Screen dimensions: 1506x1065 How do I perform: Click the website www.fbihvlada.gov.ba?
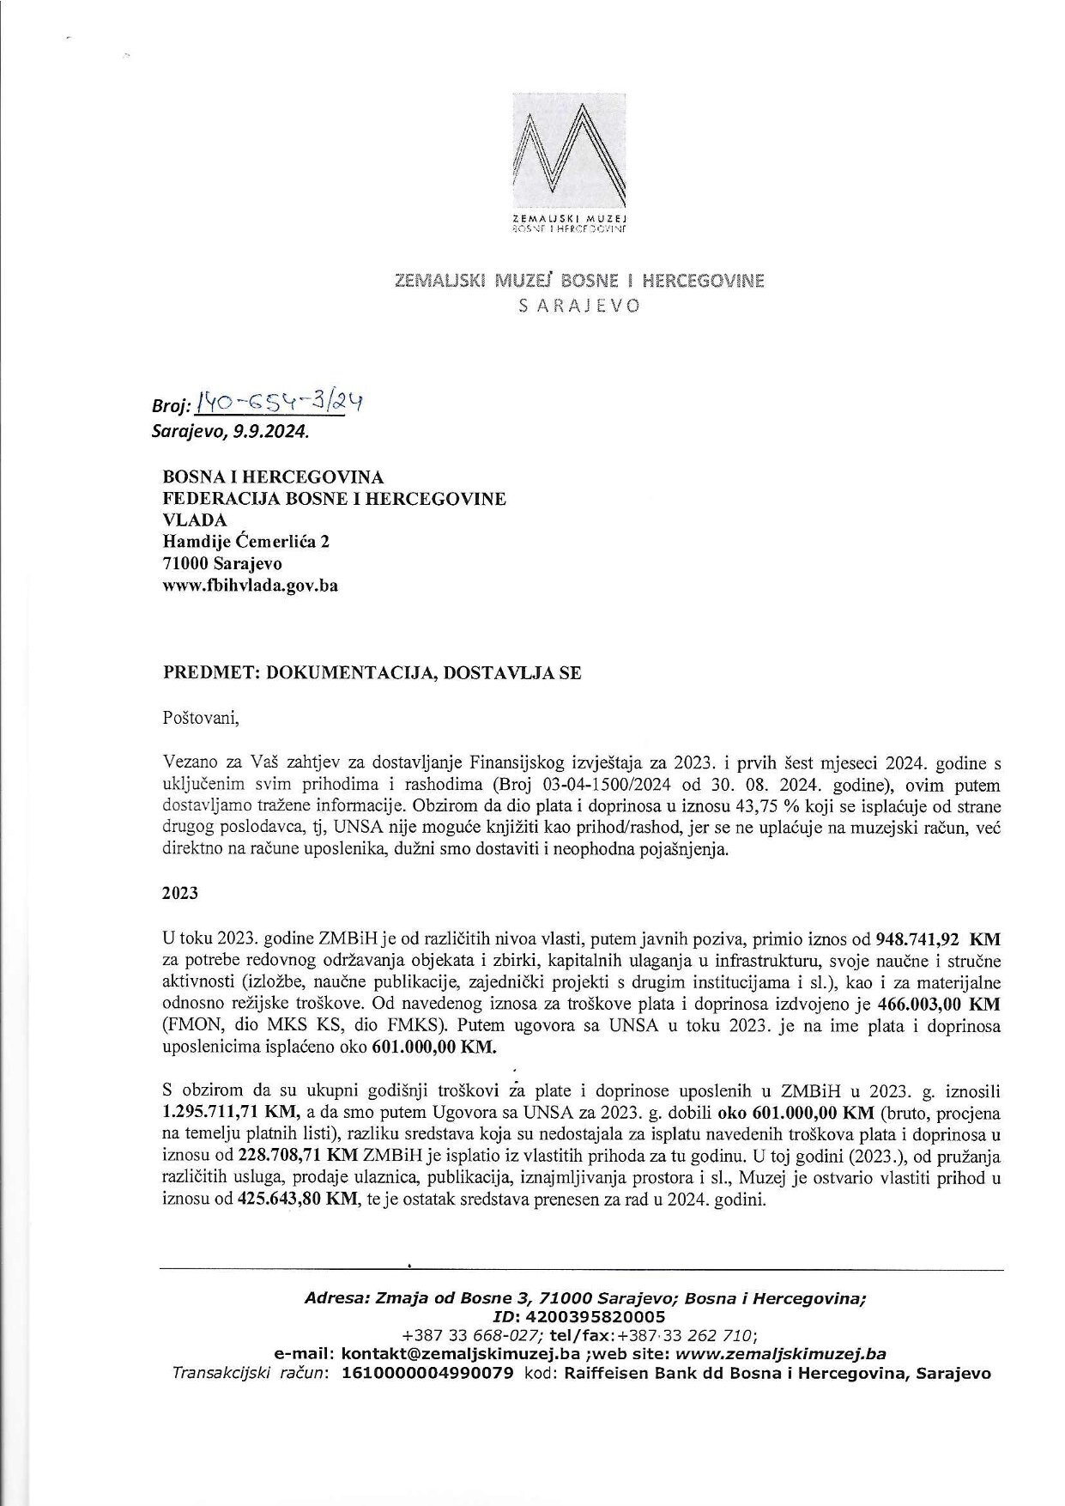coord(249,586)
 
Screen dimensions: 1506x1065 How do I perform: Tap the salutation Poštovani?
coord(196,717)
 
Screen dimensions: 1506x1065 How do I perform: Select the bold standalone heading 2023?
coord(180,893)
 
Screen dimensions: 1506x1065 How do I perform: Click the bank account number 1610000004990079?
coord(428,1373)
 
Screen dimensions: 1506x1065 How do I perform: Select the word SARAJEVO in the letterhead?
coord(579,306)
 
